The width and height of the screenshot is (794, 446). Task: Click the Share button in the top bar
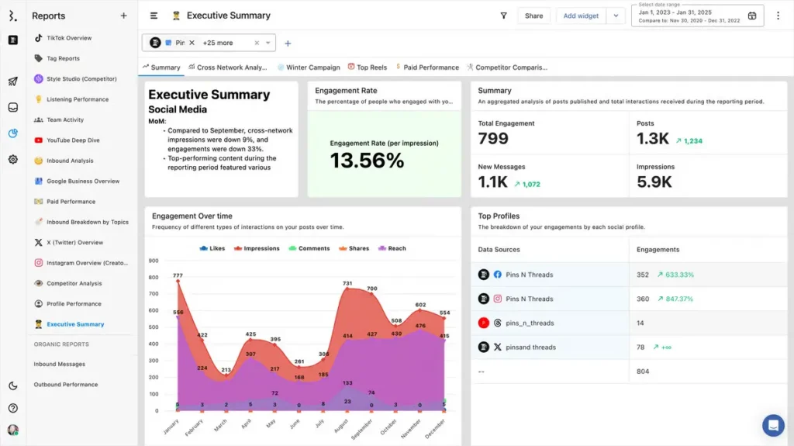pyautogui.click(x=533, y=16)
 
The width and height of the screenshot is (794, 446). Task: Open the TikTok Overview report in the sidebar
pyautogui.click(x=68, y=38)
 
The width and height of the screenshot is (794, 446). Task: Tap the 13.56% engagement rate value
pyautogui.click(x=367, y=161)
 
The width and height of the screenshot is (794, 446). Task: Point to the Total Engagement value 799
pyautogui.click(x=493, y=139)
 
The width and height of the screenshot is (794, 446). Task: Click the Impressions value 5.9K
pyautogui.click(x=653, y=182)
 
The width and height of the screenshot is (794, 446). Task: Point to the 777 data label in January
pyautogui.click(x=178, y=275)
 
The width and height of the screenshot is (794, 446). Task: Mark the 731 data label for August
pyautogui.click(x=347, y=283)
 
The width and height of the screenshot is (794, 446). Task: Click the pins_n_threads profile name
pyautogui.click(x=530, y=323)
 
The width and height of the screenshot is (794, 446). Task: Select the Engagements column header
pyautogui.click(x=658, y=250)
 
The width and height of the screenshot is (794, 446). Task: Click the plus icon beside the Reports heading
pyautogui.click(x=123, y=16)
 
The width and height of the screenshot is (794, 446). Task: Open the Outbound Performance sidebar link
pyautogui.click(x=65, y=385)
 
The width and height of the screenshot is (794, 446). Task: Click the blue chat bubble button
pyautogui.click(x=773, y=425)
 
